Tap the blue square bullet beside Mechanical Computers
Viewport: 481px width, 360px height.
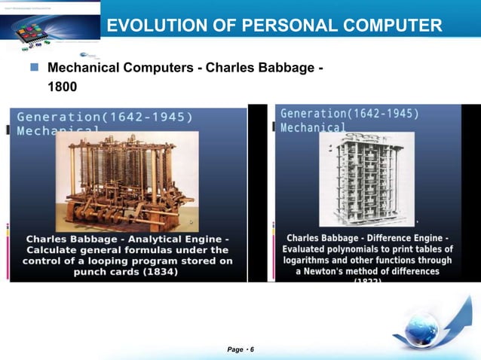[x=34, y=69]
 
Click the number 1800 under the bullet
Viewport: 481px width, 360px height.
[x=62, y=87]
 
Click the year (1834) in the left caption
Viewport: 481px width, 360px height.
[x=155, y=272]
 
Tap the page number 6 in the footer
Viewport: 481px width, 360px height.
[x=252, y=349]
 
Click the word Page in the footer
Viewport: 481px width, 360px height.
[x=236, y=349]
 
